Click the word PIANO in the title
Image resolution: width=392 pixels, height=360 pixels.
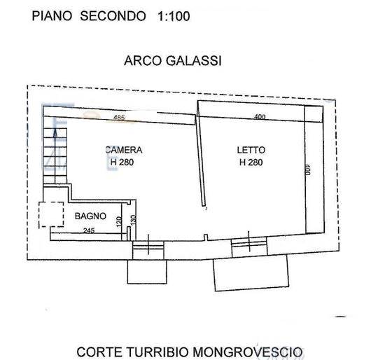click(52, 16)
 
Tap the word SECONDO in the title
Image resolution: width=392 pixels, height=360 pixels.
click(113, 16)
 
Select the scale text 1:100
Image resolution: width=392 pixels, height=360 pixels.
click(174, 16)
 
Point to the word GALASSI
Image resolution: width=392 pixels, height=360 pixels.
click(193, 60)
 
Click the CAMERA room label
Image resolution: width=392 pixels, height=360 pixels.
click(124, 150)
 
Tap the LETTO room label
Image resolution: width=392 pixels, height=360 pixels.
click(251, 150)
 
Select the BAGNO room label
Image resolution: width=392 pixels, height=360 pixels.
click(90, 216)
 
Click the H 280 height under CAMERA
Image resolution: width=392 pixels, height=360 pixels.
click(122, 162)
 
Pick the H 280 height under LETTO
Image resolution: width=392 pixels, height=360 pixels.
click(251, 162)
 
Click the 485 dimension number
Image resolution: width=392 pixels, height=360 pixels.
click(119, 118)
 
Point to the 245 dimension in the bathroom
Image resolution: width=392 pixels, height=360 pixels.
click(89, 230)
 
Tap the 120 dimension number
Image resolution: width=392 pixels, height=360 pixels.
click(119, 221)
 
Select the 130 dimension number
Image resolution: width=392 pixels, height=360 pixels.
click(133, 220)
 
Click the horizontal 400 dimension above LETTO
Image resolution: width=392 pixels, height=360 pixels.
click(260, 116)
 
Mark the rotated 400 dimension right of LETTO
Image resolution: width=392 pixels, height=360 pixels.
click(308, 169)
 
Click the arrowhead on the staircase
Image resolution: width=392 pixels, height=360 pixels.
click(55, 132)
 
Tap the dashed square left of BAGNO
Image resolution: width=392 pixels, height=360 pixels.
click(51, 215)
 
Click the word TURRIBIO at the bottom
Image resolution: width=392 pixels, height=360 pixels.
click(157, 352)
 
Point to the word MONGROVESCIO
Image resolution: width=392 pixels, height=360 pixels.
click(248, 352)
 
